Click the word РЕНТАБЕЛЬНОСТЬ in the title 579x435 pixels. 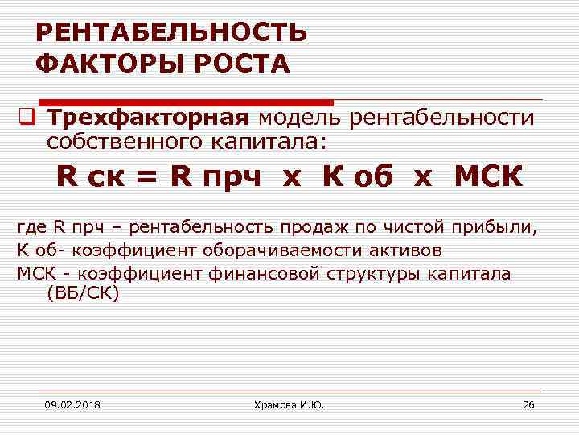pyautogui.click(x=170, y=33)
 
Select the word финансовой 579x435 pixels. pyautogui.click(x=265, y=273)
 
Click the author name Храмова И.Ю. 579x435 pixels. pyautogui.click(x=289, y=404)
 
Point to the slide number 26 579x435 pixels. pyautogui.click(x=528, y=404)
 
